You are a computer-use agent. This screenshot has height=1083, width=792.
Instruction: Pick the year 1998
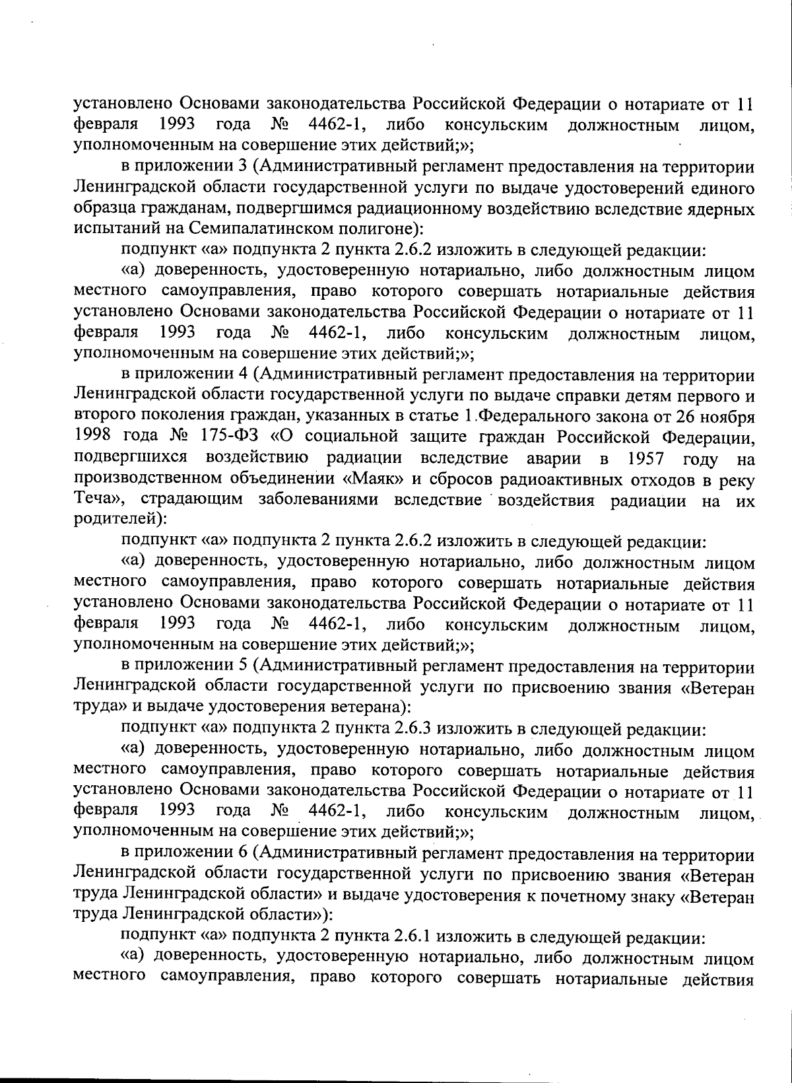(x=93, y=437)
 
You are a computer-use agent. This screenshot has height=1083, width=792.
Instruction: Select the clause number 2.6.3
(x=412, y=729)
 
